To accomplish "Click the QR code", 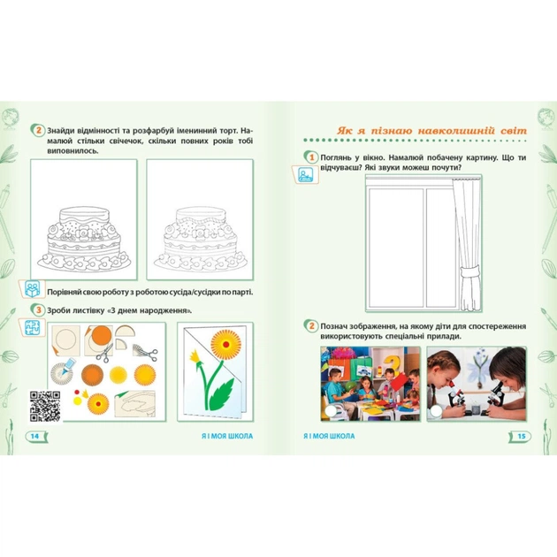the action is point(45,407).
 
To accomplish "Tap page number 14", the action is point(34,436).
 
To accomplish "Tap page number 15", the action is point(522,436).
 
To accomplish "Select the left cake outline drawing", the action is point(85,239).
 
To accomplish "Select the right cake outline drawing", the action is point(201,239).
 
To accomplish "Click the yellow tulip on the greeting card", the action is point(195,355).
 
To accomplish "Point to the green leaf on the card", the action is point(221,394).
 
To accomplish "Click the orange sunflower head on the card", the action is point(226,344).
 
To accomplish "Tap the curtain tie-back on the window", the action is point(469,276).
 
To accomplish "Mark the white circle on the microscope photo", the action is point(436,411).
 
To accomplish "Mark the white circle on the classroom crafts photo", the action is point(331,411).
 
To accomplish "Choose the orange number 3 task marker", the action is point(39,310).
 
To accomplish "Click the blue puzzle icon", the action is point(32,328).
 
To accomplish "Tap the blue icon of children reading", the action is point(33,289).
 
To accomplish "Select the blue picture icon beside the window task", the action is point(306,174).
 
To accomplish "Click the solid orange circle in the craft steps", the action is point(102,335).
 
